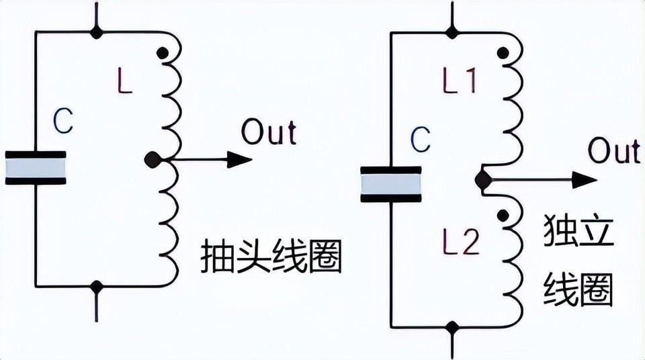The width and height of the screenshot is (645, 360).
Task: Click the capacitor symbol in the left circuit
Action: pyautogui.click(x=36, y=167)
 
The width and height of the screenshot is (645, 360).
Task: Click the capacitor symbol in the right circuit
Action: pyautogui.click(x=391, y=183)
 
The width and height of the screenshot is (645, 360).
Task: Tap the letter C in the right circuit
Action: pyautogui.click(x=420, y=140)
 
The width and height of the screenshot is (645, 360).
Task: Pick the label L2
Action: pyautogui.click(x=461, y=241)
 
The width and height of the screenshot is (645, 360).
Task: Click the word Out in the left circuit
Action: pyautogui.click(x=269, y=132)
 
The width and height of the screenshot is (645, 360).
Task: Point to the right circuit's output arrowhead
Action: pyautogui.click(x=584, y=179)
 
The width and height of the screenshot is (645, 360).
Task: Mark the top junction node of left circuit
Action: pyautogui.click(x=97, y=32)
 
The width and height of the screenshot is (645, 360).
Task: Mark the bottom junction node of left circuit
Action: pyautogui.click(x=97, y=287)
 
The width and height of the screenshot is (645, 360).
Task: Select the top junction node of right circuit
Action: pyautogui.click(x=452, y=32)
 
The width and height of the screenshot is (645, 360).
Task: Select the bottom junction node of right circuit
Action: pyautogui.click(x=452, y=327)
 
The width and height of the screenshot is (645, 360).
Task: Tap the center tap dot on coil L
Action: pyautogui.click(x=153, y=160)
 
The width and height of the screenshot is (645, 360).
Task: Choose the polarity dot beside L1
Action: pyautogui.click(x=501, y=52)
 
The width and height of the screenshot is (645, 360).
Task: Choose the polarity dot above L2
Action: pyautogui.click(x=501, y=215)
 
